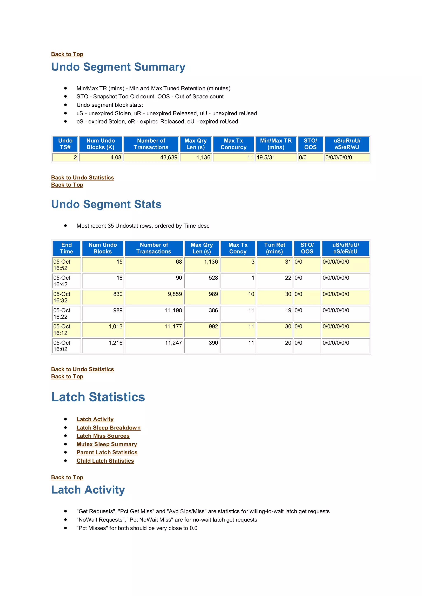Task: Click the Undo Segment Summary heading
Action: pos(118,67)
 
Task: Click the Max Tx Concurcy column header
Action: pos(233,144)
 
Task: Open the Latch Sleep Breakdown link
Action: pos(108,428)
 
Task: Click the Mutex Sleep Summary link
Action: pos(107,444)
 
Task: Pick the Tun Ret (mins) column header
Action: pos(274,248)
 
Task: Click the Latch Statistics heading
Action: pos(98,397)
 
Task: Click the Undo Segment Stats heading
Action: pos(106,204)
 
